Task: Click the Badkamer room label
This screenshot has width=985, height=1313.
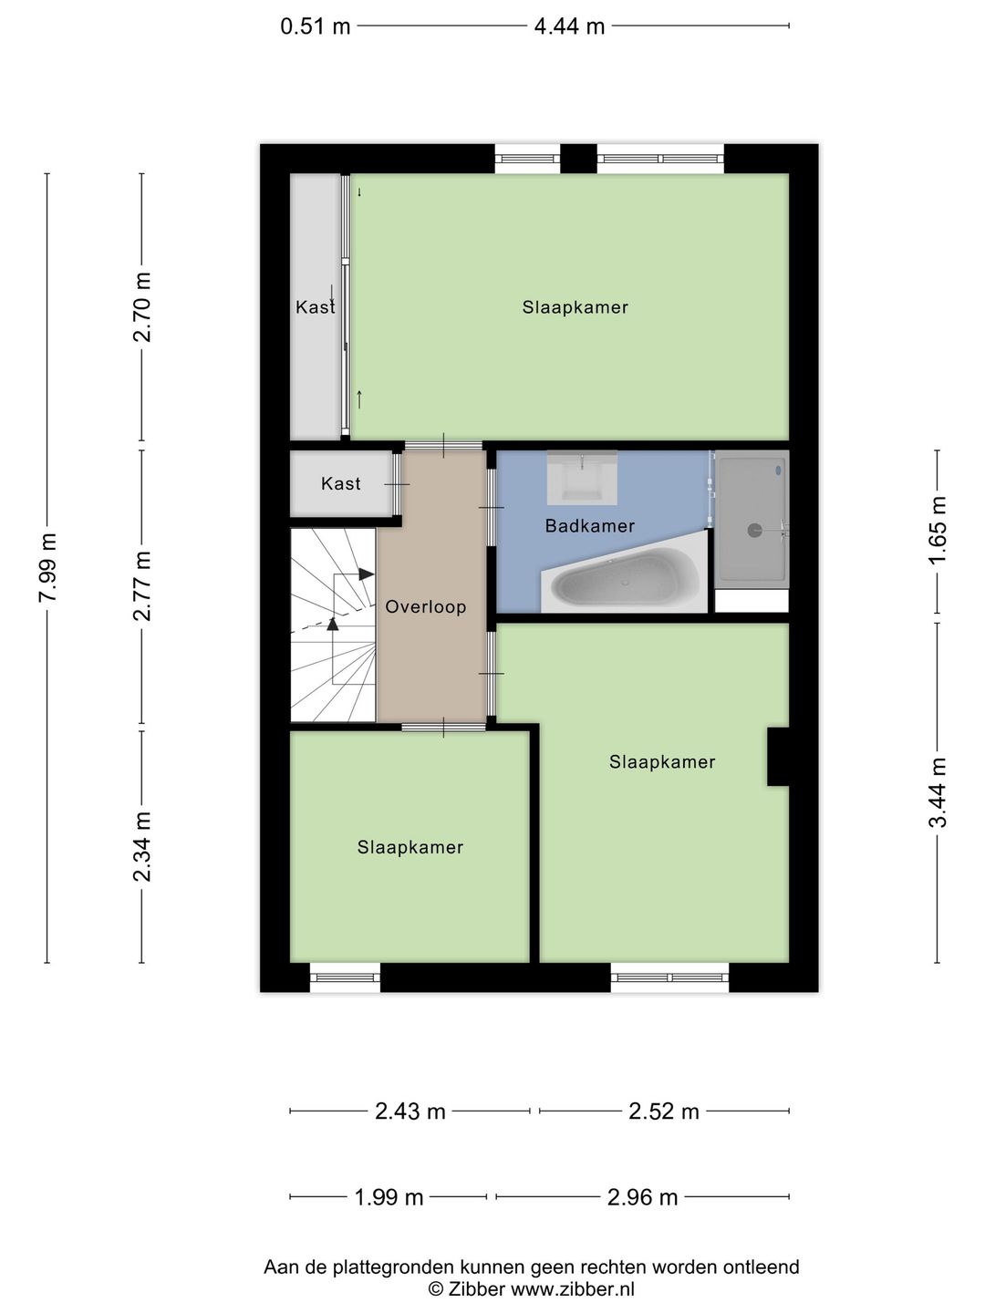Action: pos(590,526)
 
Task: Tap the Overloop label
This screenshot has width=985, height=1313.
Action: pos(425,606)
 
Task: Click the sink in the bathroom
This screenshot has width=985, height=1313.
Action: pos(582,478)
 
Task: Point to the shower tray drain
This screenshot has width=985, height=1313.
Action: pos(755,530)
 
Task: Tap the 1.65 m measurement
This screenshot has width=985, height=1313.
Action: pos(938,530)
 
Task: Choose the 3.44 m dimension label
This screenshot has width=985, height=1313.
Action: pos(938,792)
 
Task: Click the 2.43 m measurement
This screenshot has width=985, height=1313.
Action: pos(410,1111)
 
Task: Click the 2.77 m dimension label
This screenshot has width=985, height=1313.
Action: pos(142,586)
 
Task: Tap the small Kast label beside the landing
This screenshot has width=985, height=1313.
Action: pos(340,483)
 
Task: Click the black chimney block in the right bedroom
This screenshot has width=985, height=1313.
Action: pos(778,756)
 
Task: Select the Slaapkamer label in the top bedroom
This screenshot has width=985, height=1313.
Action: pos(575,307)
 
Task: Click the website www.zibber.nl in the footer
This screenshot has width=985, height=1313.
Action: pos(573,1289)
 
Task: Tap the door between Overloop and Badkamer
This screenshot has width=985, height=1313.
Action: pos(491,507)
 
